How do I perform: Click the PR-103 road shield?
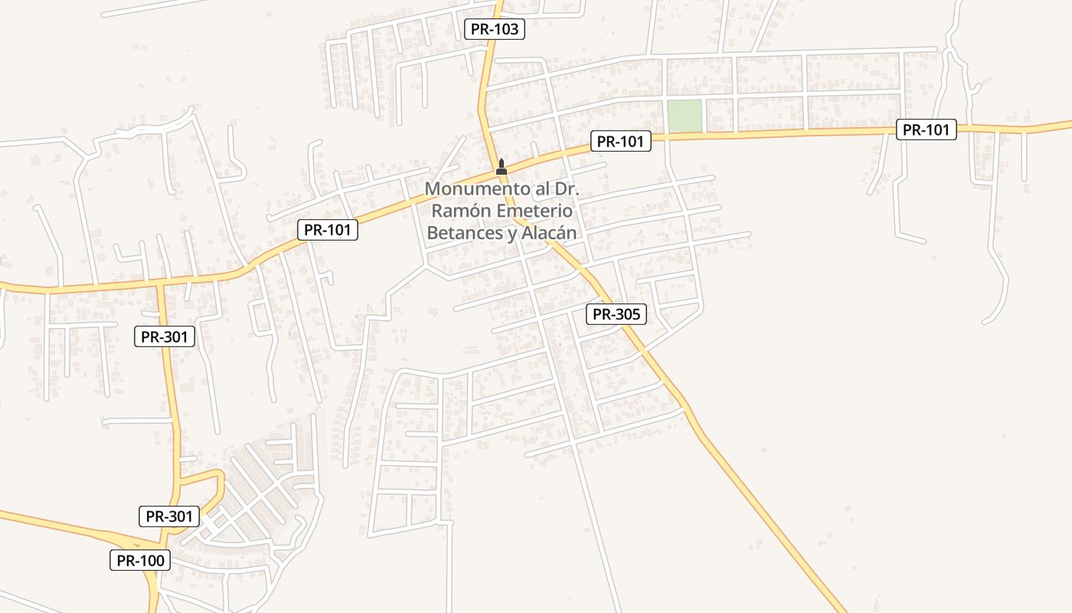pyautogui.click(x=495, y=30)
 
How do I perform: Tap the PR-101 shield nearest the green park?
pyautogui.click(x=620, y=141)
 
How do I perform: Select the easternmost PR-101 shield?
pyautogui.click(x=926, y=129)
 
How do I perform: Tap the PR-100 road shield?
pyautogui.click(x=140, y=561)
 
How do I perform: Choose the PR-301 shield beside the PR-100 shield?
pyautogui.click(x=169, y=516)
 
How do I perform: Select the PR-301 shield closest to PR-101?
pyautogui.click(x=165, y=336)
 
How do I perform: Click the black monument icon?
pyautogui.click(x=502, y=166)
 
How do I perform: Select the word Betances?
pyautogui.click(x=464, y=233)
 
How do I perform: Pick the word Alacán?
pyautogui.click(x=548, y=233)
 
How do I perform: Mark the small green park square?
pyautogui.click(x=684, y=116)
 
